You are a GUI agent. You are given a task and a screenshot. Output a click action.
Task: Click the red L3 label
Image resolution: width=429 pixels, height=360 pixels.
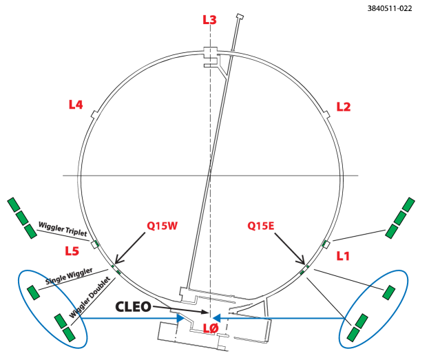[209, 20]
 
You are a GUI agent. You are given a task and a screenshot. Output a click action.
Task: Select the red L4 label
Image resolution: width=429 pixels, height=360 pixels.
[76, 105]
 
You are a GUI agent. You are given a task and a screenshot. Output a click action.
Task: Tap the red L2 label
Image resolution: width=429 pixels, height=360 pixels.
[343, 107]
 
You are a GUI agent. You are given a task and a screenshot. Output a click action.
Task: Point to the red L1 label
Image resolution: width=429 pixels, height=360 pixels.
[343, 256]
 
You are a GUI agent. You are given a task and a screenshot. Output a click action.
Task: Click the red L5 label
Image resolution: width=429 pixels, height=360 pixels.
[72, 251]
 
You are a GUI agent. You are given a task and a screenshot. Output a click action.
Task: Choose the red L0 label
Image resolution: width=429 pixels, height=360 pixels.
[211, 328]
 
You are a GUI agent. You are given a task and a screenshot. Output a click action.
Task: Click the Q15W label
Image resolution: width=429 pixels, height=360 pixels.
[163, 226]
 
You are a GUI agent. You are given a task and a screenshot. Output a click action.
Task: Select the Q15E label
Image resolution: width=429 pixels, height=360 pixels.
[261, 226]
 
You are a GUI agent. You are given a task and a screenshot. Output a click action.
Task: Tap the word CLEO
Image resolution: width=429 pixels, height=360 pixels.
[133, 307]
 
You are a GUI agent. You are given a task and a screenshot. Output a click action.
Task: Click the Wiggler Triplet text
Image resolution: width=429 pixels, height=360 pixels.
[62, 229]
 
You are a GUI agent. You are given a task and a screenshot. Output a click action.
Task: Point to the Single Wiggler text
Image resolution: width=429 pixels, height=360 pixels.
[69, 276]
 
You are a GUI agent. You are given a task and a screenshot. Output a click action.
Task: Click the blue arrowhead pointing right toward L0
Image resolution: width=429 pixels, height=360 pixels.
[180, 318]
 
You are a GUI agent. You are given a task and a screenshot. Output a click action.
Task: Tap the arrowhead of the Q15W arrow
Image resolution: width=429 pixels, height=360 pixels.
[117, 262]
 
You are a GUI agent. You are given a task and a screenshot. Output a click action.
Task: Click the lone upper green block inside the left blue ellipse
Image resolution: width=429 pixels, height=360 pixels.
[33, 293]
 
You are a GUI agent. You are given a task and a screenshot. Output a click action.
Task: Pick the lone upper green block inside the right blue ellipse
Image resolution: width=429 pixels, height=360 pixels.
[389, 293]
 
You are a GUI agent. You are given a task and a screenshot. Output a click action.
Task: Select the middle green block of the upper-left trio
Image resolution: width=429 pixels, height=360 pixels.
[22, 218]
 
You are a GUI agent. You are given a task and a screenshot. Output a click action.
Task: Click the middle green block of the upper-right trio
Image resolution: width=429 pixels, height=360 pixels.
[400, 218]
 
